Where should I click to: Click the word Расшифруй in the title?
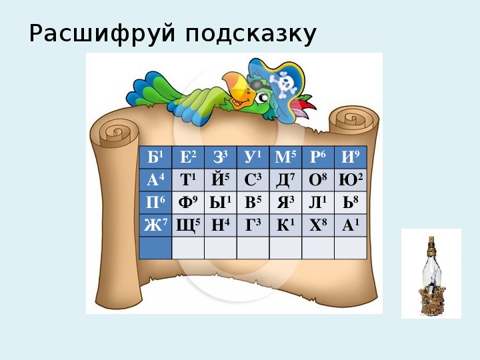tap(102, 34)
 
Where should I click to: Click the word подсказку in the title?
tap(251, 34)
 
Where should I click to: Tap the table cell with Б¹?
tap(155, 157)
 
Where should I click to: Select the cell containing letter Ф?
tap(188, 203)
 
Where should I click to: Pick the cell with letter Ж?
tap(155, 225)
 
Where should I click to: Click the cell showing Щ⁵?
tap(188, 225)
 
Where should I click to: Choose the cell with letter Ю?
tap(351, 180)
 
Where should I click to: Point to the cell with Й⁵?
tap(221, 180)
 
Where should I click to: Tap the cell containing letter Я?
tap(285, 203)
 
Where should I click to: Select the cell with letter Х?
tap(318, 225)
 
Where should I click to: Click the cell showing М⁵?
tap(285, 157)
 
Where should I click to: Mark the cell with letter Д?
tap(285, 180)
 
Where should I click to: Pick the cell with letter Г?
tap(253, 225)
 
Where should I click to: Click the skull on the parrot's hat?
tap(285, 82)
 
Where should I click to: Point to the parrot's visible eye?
tap(263, 97)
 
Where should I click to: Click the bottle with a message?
tap(432, 275)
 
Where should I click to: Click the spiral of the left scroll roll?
tap(116, 133)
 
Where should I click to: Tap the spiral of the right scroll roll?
tap(352, 119)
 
